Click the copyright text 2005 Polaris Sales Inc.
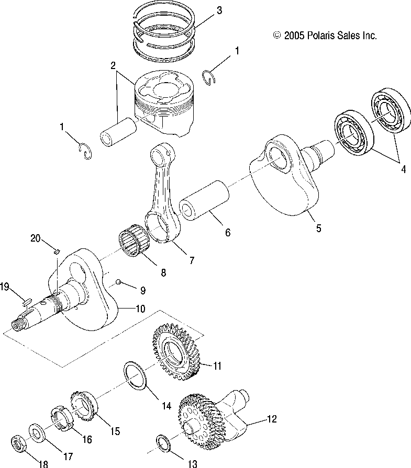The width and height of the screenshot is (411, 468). click(325, 36)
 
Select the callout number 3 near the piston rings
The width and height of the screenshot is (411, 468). click(219, 10)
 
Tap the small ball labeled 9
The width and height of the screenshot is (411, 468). click(118, 281)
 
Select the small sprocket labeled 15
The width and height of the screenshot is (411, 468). click(84, 405)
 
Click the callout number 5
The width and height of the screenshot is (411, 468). click(319, 228)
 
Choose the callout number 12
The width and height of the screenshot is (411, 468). click(271, 419)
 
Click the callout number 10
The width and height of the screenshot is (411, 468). click(140, 309)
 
